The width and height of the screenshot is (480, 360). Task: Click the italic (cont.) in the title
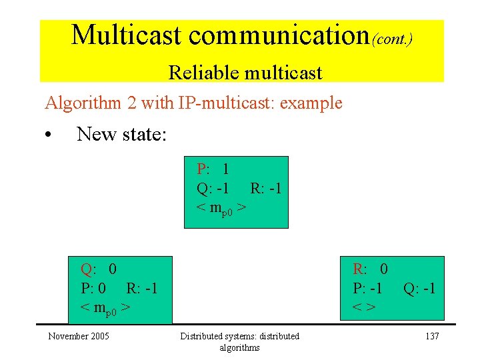click(x=392, y=39)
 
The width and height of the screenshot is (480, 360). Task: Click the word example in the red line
click(x=311, y=103)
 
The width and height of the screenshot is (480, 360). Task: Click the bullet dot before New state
click(x=49, y=135)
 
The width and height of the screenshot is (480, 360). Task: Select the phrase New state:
click(x=121, y=134)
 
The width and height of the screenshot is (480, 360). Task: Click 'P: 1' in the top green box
click(x=213, y=169)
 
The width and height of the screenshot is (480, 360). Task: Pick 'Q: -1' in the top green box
click(x=213, y=189)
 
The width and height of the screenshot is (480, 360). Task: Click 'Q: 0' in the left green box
click(x=99, y=269)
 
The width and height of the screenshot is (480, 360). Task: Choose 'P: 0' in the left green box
click(x=93, y=289)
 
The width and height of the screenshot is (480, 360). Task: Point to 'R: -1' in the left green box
click(x=141, y=289)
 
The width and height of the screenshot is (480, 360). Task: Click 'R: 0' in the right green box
click(x=370, y=269)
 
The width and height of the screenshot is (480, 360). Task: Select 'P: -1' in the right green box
click(x=367, y=289)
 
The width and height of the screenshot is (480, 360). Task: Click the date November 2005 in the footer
click(x=79, y=336)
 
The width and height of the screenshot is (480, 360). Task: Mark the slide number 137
click(x=432, y=336)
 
